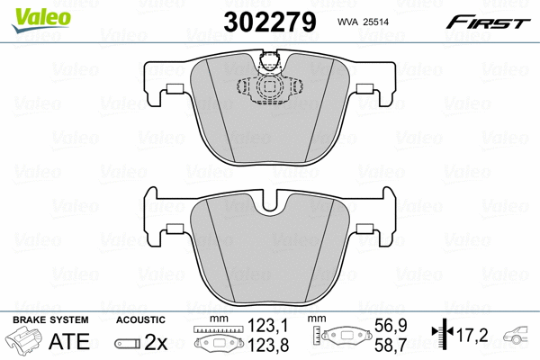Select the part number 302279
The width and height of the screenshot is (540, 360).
(x=270, y=21)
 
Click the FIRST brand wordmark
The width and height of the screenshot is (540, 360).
(x=486, y=22)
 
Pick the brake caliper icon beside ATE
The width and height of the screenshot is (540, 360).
(x=23, y=343)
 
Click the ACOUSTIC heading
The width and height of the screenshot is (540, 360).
(x=140, y=319)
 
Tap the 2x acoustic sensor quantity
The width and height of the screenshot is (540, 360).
(x=157, y=342)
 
